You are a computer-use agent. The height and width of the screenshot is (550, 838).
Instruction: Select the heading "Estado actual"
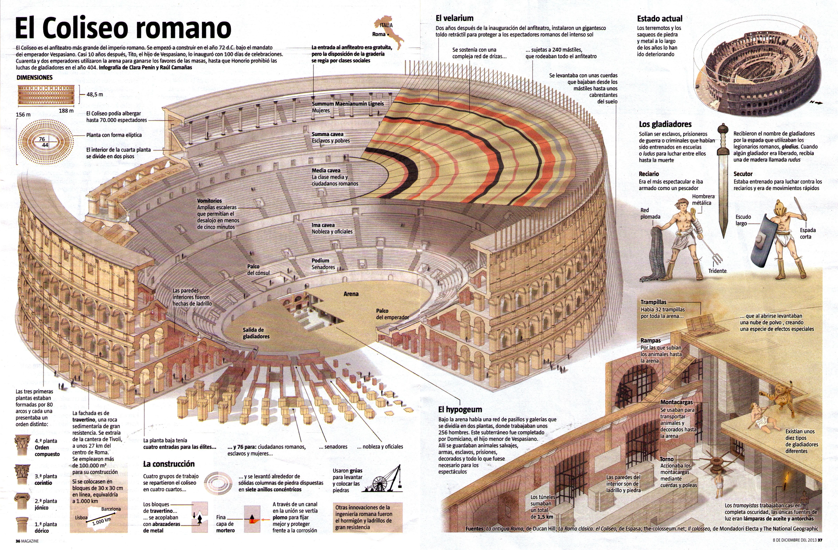point(659,19)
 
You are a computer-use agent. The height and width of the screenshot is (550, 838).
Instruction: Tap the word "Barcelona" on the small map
point(111,509)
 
